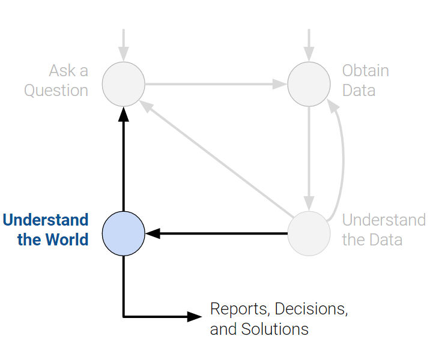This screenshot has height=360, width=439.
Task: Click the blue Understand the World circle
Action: tap(123, 233)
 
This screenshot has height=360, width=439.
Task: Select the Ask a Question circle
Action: tap(123, 84)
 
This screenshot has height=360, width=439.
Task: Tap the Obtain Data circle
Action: tap(309, 84)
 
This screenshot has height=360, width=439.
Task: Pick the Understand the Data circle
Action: tap(309, 233)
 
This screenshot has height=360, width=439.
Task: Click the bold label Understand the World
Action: tap(46, 230)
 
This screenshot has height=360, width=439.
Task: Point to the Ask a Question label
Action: tap(56, 80)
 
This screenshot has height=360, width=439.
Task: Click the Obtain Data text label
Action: tap(365, 80)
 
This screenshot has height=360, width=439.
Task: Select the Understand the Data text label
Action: tap(383, 230)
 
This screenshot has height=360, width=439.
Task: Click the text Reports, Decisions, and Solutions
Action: tap(279, 319)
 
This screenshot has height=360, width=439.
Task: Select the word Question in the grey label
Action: tap(56, 91)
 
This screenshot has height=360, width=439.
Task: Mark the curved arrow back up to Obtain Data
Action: tap(343, 159)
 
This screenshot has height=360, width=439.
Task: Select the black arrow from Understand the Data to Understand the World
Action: tap(216, 233)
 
